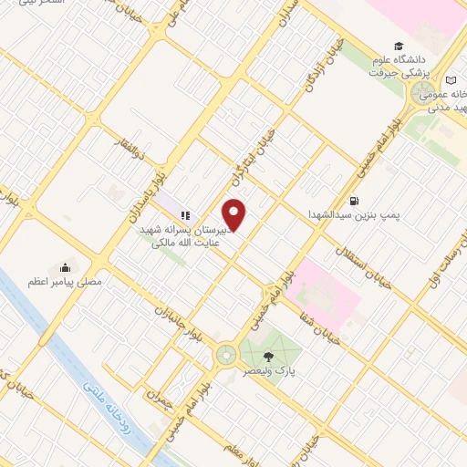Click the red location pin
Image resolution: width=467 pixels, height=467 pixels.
pyautogui.click(x=235, y=215)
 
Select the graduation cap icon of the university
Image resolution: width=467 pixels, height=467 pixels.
pyautogui.click(x=398, y=46)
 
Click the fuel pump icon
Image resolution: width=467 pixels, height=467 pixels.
pyautogui.click(x=353, y=202)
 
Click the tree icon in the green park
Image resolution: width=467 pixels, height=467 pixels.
pyautogui.click(x=269, y=356)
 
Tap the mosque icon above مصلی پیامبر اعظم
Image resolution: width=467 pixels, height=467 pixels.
pyautogui.click(x=64, y=268)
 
